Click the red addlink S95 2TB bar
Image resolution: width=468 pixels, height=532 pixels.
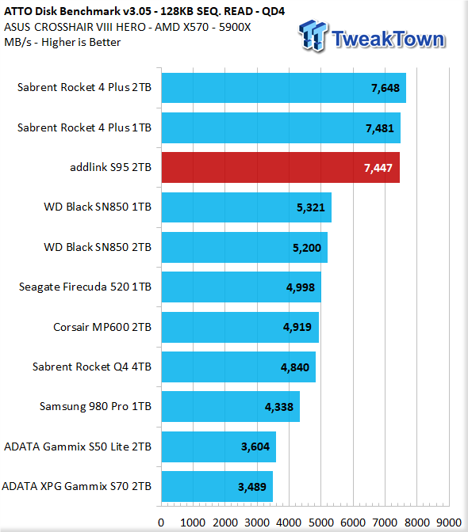point(280,167)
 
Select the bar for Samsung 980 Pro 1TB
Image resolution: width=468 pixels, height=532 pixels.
point(231,406)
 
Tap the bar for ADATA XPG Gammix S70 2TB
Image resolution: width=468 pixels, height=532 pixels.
point(217,486)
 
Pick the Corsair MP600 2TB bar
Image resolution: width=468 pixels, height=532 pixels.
point(240,327)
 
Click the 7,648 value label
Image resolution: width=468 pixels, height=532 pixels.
point(385,88)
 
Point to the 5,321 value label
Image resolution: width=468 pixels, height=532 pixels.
point(311,207)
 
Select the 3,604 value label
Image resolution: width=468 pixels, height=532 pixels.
point(255,446)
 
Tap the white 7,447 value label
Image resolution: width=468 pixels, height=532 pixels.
point(378,168)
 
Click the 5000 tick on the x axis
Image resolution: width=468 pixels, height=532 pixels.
point(321,522)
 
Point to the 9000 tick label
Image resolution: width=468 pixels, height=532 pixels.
point(449,522)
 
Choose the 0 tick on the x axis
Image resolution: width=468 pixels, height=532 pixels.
point(161,522)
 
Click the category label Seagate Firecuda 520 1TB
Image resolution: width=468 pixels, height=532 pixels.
point(85,287)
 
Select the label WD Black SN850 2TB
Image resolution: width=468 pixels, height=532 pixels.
point(98,247)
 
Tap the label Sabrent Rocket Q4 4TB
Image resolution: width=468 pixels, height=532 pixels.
point(92,367)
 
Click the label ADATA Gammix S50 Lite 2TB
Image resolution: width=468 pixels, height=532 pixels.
point(78,446)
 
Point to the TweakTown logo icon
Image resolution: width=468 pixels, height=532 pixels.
point(313,36)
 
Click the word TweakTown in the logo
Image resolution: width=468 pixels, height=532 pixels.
point(388,39)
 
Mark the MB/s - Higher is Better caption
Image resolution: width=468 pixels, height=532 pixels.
point(62,43)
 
